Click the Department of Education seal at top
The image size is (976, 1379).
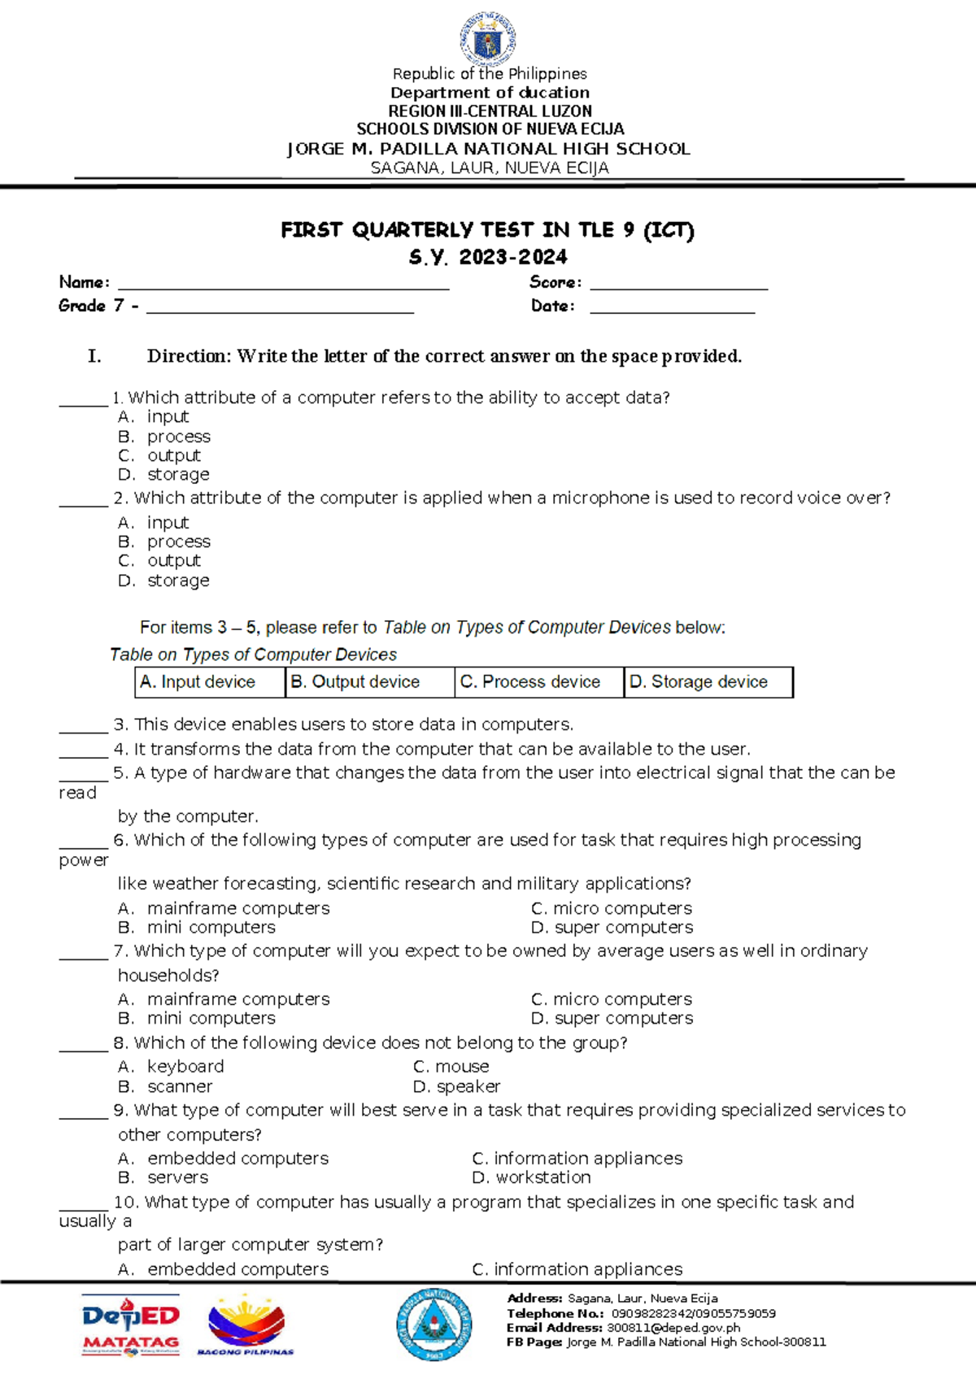coord(488,37)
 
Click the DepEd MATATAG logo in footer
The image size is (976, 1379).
coord(130,1325)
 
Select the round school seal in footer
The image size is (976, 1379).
coord(434,1325)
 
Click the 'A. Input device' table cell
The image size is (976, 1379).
coord(210,682)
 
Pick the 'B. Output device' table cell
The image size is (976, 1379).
coord(369,682)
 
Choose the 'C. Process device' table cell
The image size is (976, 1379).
coord(538,682)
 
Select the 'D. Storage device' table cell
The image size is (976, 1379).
coord(708,682)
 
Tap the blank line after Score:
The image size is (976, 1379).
coord(678,286)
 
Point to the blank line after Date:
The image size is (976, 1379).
coord(672,310)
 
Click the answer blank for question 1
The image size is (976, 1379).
coord(83,402)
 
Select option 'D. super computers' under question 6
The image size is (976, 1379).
coord(612,928)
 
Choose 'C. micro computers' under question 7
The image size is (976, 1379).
coord(611,999)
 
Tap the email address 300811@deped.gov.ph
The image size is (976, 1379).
coord(673,1328)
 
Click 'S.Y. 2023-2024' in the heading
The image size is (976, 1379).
coord(488,258)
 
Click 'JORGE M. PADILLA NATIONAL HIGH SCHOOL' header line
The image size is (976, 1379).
coord(488,149)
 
